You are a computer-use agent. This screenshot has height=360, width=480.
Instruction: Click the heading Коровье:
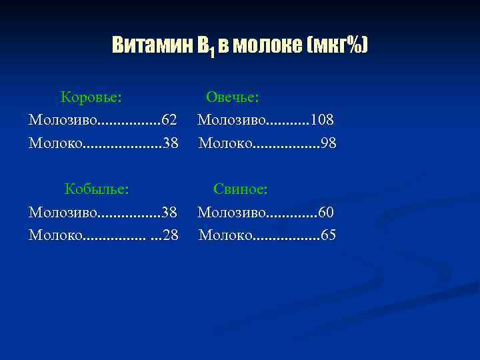pos(91,97)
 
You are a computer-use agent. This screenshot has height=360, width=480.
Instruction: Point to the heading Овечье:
pos(233,97)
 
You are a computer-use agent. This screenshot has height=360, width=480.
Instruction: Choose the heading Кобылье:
pos(97,189)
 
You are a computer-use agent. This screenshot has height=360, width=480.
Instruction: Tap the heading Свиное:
pos(241,189)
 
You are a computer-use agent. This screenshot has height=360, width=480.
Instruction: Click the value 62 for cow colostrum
pos(169,120)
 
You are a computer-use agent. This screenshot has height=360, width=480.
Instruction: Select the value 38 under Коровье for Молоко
pos(171,143)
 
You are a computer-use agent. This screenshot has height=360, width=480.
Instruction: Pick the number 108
pos(322,120)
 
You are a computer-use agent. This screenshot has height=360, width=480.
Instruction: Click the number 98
pos(328,143)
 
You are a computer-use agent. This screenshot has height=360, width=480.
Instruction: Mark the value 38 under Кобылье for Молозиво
pos(169,212)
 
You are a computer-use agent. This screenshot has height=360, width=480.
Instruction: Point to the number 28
pos(171,235)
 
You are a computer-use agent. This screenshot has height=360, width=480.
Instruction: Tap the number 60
pos(326,212)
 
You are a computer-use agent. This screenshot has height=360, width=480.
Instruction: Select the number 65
pos(328,235)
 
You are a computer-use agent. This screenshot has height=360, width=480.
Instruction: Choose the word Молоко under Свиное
pos(226,235)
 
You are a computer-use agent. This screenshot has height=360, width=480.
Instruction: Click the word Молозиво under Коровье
pos(63,120)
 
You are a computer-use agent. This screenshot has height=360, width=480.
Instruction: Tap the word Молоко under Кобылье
pos(56,235)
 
